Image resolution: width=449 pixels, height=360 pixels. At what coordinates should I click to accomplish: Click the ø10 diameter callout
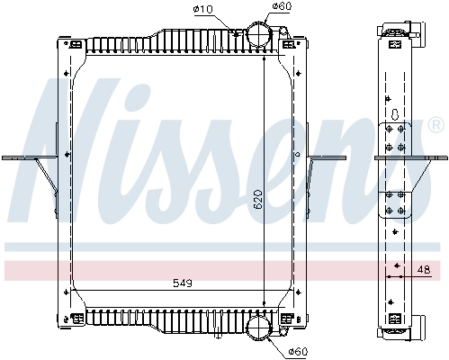pyautogui.click(x=203, y=10)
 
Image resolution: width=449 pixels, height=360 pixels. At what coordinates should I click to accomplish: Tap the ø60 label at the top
pyautogui.click(x=282, y=6)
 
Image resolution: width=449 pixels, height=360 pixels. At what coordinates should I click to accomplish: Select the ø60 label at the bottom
pyautogui.click(x=298, y=351)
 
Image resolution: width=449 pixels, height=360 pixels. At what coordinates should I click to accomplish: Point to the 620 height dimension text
pyautogui.click(x=257, y=200)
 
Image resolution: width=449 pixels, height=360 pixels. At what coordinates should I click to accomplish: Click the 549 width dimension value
pyautogui.click(x=183, y=283)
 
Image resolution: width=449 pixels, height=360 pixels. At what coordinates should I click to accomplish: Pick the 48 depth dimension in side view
pyautogui.click(x=424, y=269)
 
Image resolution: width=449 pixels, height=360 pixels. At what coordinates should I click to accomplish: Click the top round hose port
pyautogui.click(x=259, y=34)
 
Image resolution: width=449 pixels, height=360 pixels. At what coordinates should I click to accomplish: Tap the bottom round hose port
pyautogui.click(x=259, y=328)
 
